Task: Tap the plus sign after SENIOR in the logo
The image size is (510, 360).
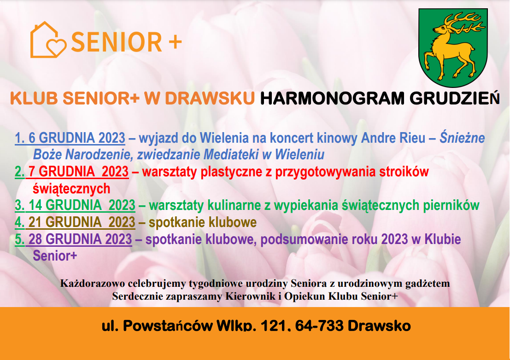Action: (x=175, y=42)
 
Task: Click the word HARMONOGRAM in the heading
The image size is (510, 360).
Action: (x=332, y=98)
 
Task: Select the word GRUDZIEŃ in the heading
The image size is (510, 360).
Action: (x=454, y=98)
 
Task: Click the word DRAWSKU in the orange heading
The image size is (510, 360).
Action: (x=210, y=98)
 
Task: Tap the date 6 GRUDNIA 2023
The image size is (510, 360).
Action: (x=77, y=138)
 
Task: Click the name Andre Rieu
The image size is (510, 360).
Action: (x=393, y=138)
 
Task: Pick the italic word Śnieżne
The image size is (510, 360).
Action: (x=462, y=138)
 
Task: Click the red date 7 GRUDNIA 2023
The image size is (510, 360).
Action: (x=78, y=172)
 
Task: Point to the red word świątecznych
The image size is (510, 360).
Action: (x=71, y=189)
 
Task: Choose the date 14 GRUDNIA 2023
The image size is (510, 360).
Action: (x=82, y=205)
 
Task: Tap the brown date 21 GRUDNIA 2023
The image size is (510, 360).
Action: (x=82, y=222)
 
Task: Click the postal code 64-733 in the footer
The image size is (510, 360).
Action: (x=319, y=325)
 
